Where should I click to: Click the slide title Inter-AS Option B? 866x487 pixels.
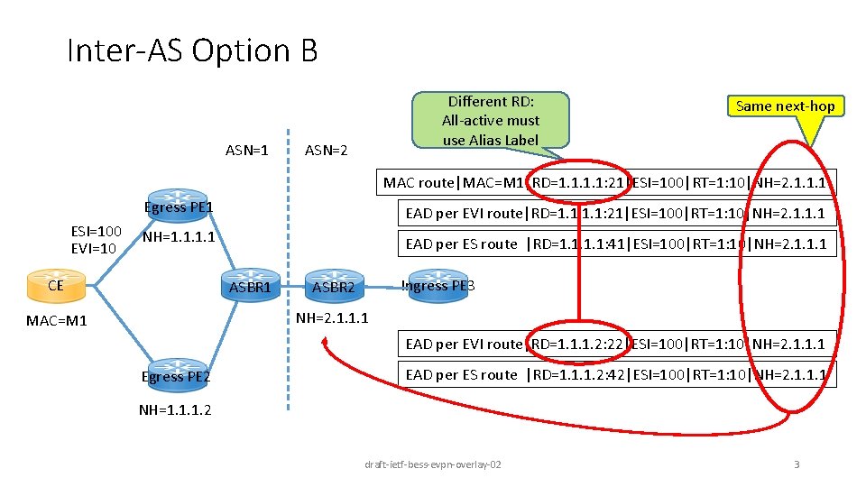(x=192, y=51)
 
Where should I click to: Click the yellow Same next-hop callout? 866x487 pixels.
(x=785, y=106)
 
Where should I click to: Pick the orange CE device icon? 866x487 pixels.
(x=56, y=286)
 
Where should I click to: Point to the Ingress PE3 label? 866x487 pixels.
(x=438, y=286)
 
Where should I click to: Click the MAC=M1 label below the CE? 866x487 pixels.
(x=57, y=320)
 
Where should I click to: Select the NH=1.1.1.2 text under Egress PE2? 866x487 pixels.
(x=175, y=409)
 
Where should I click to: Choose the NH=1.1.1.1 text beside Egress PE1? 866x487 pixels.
(x=179, y=238)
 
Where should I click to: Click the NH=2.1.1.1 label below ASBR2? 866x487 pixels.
(x=332, y=317)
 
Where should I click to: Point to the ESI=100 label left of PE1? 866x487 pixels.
(x=95, y=230)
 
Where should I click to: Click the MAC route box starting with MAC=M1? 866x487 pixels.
(x=603, y=183)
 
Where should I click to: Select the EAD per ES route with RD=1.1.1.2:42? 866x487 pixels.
(x=617, y=374)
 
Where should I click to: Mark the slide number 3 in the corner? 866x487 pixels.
(x=796, y=464)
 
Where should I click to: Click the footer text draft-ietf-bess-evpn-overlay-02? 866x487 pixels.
(x=433, y=464)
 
